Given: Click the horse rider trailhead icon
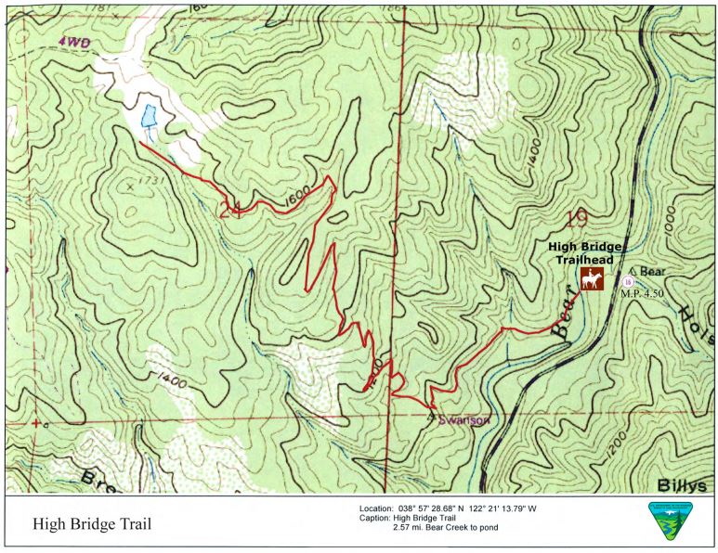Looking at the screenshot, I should (x=591, y=279).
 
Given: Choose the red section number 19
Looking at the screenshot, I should (x=576, y=219).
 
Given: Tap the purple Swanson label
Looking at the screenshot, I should (x=465, y=419).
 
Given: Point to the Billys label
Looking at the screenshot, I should (x=682, y=485).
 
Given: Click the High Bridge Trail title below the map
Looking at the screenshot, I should (x=91, y=524).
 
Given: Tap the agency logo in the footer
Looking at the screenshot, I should (x=669, y=521).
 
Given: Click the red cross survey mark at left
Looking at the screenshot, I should (x=35, y=423).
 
